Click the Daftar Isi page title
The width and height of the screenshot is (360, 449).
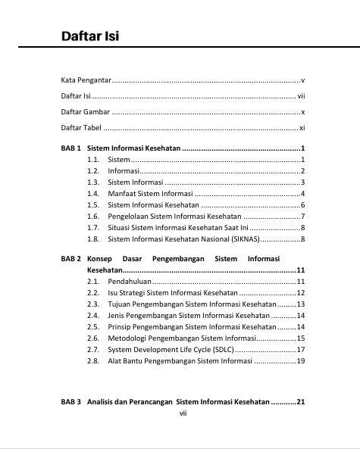(x=90, y=36)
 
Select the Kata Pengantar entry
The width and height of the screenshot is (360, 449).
(x=85, y=80)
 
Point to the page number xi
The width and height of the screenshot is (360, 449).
(x=302, y=128)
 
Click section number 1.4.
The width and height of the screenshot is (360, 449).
(x=93, y=193)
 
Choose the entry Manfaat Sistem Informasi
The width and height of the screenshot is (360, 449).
(x=150, y=193)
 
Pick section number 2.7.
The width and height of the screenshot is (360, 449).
(x=93, y=350)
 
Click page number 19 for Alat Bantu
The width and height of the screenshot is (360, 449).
(x=300, y=361)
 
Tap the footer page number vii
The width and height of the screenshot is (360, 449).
(x=182, y=413)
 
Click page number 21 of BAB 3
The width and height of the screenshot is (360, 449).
(x=300, y=402)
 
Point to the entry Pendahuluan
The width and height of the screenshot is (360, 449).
(x=131, y=282)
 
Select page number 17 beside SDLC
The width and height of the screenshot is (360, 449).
(x=300, y=350)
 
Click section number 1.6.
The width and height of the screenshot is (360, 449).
(x=93, y=217)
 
